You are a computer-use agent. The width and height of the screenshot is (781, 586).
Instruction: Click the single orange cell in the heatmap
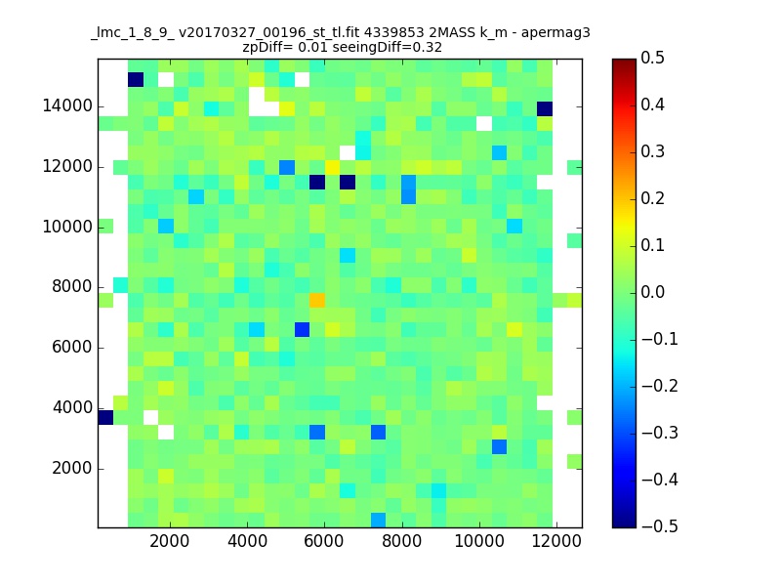coord(317,300)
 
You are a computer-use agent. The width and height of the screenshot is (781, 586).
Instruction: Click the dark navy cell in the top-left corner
coord(136,80)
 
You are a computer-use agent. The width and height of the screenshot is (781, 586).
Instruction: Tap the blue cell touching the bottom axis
coord(378,521)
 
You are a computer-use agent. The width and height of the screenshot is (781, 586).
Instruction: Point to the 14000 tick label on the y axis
coord(67,106)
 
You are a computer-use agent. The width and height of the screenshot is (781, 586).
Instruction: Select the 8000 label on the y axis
coord(72,286)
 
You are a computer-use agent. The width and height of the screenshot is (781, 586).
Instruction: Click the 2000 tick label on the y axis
coord(72,469)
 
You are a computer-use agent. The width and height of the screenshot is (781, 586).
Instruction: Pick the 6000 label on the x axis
coord(324,541)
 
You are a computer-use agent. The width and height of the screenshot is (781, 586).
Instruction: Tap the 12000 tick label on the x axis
coord(556,541)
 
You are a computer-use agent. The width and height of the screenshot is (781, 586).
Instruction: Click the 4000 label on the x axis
coord(247,541)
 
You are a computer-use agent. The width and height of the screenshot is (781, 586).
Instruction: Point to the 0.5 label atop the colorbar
coord(652,58)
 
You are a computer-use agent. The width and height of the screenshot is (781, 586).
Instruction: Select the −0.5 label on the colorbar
coord(660,526)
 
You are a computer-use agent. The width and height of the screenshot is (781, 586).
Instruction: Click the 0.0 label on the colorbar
coord(652,292)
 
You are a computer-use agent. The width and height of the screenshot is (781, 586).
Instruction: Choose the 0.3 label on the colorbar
coord(652,151)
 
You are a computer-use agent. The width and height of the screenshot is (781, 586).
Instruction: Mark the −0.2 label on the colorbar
coord(660,386)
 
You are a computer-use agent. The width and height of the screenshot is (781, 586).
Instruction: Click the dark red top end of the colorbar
coord(624,63)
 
